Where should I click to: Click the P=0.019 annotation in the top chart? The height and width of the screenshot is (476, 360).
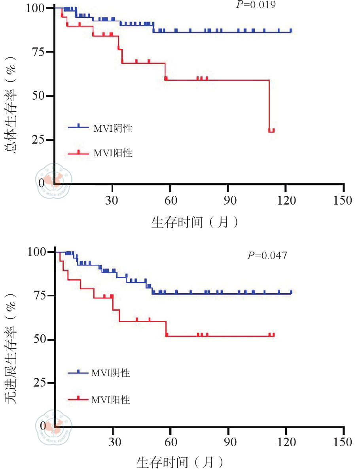point(256,5)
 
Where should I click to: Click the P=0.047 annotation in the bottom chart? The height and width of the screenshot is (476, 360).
point(267,256)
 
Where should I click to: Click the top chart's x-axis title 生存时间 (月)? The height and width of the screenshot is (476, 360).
point(195,222)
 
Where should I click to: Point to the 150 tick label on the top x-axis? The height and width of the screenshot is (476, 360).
point(342,200)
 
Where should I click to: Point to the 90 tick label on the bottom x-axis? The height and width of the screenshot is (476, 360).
point(228,442)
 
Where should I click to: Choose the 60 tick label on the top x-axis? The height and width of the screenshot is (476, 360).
point(170,200)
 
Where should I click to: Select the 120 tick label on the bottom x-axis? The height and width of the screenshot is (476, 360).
point(286,442)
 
